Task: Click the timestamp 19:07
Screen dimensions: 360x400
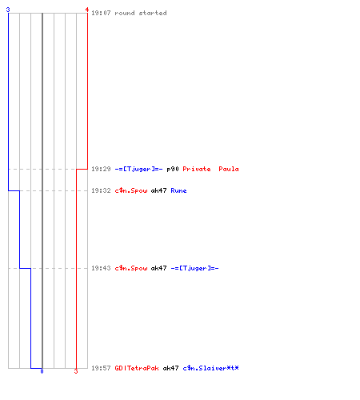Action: click(x=101, y=13)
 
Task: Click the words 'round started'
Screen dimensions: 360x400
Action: click(x=141, y=13)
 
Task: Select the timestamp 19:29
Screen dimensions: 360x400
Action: click(x=101, y=169)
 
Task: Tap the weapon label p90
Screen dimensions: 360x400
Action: click(x=173, y=169)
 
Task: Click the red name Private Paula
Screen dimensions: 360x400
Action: click(x=210, y=169)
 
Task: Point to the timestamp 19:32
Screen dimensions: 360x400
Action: click(x=101, y=190)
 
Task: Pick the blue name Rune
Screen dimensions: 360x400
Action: click(x=178, y=190)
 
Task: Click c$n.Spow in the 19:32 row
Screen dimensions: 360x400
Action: click(x=131, y=190)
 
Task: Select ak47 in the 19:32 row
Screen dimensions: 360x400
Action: click(x=158, y=190)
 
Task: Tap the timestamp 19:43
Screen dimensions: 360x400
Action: click(x=101, y=268)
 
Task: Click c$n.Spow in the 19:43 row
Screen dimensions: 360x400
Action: click(x=131, y=268)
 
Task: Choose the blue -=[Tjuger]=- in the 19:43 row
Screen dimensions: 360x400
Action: click(x=194, y=268)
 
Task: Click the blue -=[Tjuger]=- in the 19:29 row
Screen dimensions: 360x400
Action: click(x=138, y=169)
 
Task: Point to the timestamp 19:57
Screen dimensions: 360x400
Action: click(x=101, y=368)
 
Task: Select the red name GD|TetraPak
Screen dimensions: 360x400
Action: click(x=137, y=368)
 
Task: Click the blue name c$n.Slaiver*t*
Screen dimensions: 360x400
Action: click(x=210, y=368)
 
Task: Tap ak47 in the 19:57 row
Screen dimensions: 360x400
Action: click(x=170, y=368)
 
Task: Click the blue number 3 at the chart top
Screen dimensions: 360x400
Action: click(x=8, y=10)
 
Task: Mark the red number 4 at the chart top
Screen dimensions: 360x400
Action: click(x=87, y=10)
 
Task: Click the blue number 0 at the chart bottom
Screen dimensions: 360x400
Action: click(x=42, y=371)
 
